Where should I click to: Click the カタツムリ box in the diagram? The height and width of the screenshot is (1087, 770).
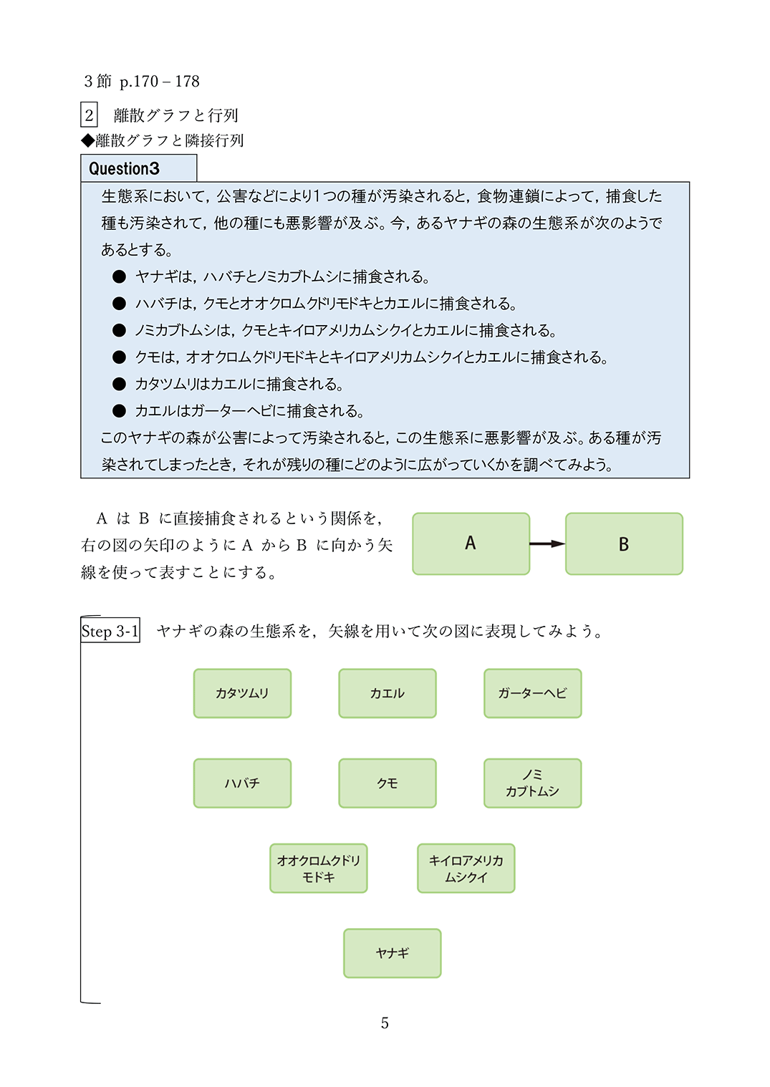242,693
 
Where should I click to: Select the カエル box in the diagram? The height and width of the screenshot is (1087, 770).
388,693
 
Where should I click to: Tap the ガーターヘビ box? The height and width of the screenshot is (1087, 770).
532,693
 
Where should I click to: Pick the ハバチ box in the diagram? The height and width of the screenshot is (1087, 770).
242,783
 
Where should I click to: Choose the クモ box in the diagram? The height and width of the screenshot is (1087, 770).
388,783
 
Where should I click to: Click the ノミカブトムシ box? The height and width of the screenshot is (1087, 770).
532,783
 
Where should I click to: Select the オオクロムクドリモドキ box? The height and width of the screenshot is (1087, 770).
319,869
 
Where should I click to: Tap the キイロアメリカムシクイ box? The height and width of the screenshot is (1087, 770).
466,869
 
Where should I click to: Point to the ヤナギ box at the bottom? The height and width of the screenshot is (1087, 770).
393,953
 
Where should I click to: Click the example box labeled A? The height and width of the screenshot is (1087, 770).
471,543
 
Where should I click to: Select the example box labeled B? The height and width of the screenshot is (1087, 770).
624,543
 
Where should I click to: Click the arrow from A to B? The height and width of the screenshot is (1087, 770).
547,544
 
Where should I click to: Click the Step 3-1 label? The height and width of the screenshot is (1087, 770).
110,631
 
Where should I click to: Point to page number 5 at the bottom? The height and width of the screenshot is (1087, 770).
385,1023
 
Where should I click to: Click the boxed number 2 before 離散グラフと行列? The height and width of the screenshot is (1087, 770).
89,115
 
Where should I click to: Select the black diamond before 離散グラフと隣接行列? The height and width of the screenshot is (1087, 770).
87,140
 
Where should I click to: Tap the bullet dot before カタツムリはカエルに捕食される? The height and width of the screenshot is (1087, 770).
120,385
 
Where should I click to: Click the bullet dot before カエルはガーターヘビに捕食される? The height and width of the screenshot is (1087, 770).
120,411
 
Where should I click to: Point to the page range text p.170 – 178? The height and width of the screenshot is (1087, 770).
160,82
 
